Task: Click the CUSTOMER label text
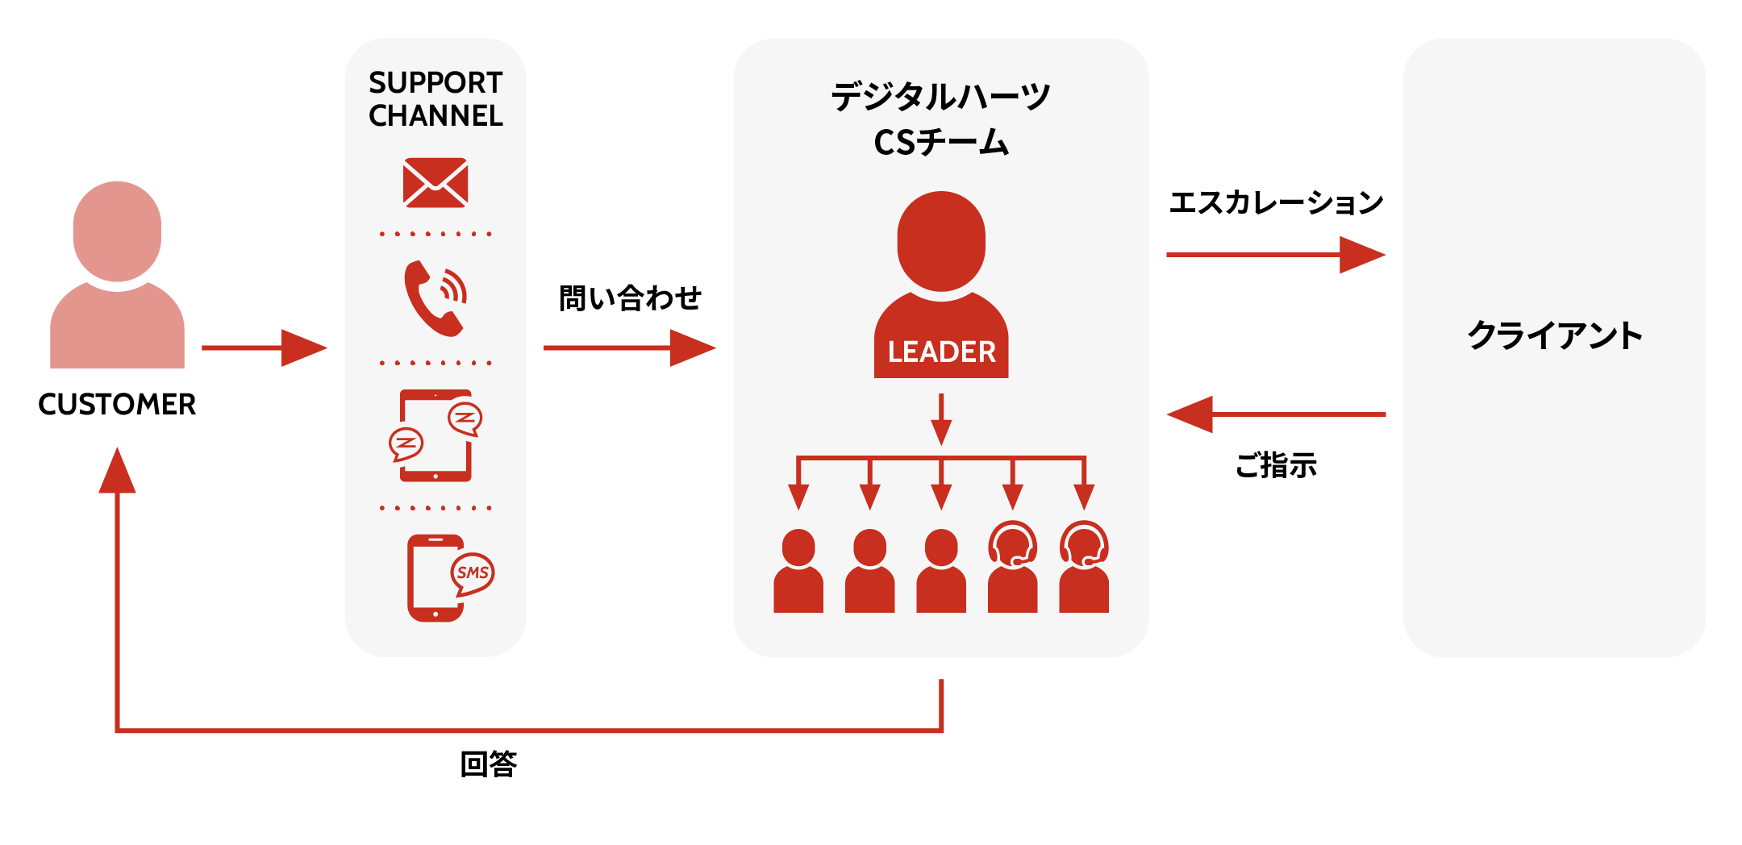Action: pyautogui.click(x=117, y=404)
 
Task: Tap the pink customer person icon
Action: pyautogui.click(x=117, y=275)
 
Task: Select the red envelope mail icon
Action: pyautogui.click(x=435, y=182)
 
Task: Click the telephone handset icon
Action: pyautogui.click(x=434, y=298)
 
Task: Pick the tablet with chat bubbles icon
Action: pyautogui.click(x=435, y=435)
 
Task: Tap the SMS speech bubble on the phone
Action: pyautogui.click(x=472, y=573)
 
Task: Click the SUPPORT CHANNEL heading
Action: pyautogui.click(x=435, y=98)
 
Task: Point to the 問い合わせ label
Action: pyautogui.click(x=630, y=298)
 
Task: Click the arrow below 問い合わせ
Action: pyautogui.click(x=629, y=348)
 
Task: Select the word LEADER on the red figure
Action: pyautogui.click(x=941, y=352)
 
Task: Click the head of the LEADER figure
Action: pyautogui.click(x=941, y=241)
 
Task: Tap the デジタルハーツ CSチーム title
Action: pyautogui.click(x=941, y=119)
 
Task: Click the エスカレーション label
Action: pyautogui.click(x=1276, y=202)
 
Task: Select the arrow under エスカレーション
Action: pyautogui.click(x=1276, y=255)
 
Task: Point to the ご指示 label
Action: pyautogui.click(x=1276, y=465)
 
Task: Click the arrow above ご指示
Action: pyautogui.click(x=1276, y=414)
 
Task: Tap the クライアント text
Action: pyautogui.click(x=1555, y=335)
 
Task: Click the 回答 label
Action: pyautogui.click(x=489, y=764)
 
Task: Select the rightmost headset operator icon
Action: pyautogui.click(x=1084, y=567)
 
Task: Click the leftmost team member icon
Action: pyautogui.click(x=798, y=571)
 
